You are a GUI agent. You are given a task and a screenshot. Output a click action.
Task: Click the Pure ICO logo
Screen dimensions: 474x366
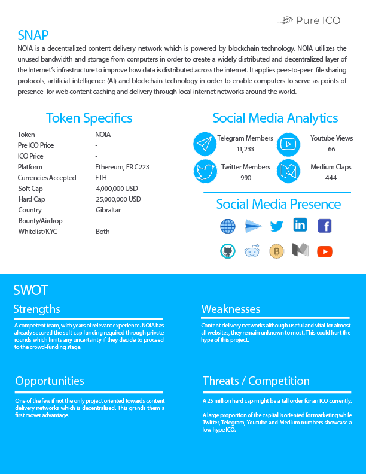click(309, 20)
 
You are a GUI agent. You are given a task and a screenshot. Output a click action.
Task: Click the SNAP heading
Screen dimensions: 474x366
click(33, 35)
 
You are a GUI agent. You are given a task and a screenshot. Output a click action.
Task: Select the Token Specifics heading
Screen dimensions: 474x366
click(89, 118)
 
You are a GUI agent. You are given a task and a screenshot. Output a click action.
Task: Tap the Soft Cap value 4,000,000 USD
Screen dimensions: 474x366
click(117, 189)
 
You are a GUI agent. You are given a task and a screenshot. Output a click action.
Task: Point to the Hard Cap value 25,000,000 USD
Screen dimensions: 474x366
click(118, 199)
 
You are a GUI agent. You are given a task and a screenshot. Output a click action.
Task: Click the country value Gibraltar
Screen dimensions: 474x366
click(108, 210)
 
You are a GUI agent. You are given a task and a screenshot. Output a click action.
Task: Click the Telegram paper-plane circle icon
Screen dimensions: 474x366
click(205, 144)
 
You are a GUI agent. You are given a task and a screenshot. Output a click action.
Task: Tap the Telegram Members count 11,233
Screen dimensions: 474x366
click(245, 149)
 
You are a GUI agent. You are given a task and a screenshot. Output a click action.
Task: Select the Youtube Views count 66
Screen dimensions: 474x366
click(331, 149)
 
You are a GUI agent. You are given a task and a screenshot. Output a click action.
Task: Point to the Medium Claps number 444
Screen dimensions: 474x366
click(331, 178)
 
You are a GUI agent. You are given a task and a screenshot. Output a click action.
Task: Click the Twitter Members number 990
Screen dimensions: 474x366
click(245, 178)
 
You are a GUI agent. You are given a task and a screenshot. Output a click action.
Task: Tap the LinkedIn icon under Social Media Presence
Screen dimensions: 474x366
click(300, 226)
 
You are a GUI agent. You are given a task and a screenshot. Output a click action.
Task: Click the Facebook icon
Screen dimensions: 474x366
click(325, 226)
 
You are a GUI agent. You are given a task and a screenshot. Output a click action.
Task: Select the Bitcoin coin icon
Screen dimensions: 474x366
click(276, 251)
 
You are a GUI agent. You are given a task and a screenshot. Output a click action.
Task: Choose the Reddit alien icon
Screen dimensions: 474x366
click(252, 251)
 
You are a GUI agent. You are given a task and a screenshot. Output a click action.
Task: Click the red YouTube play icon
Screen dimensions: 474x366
click(325, 251)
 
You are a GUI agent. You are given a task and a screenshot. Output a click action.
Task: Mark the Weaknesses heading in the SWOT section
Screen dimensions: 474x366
click(231, 309)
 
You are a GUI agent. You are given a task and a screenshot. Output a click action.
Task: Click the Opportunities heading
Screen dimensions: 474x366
click(50, 381)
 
